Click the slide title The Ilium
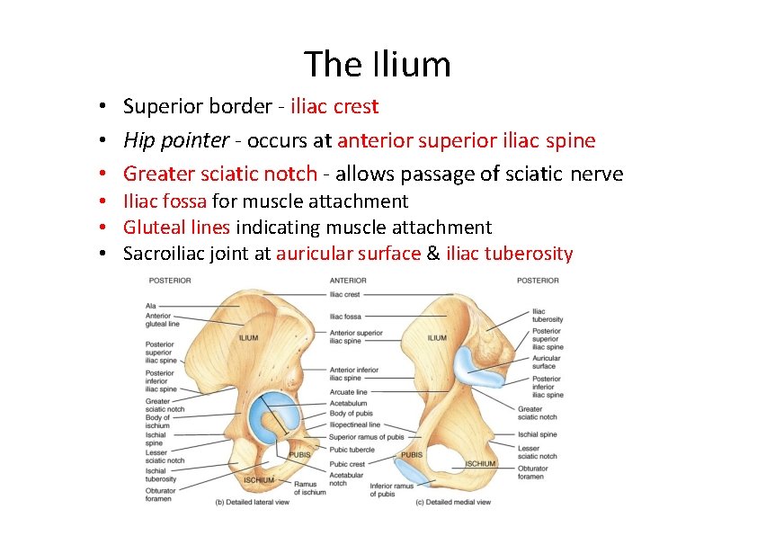coord(378,65)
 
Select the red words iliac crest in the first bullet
coord(334,107)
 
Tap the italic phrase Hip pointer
coord(176,140)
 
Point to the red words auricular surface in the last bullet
coord(348,254)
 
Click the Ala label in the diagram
coord(151,306)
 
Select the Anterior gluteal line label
coord(162,319)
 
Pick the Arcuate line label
coord(349,392)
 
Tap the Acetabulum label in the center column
coord(349,404)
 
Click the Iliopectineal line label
coord(355,424)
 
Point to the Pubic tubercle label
coord(352,449)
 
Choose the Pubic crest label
coord(347,464)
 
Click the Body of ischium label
coord(157,422)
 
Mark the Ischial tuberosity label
coord(162,475)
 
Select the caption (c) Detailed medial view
coord(453,502)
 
